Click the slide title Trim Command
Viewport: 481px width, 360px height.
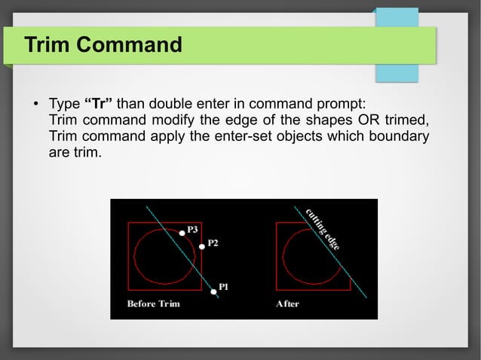tap(103, 45)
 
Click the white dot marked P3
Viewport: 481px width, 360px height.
tap(182, 233)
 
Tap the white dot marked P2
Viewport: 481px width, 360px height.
tap(201, 246)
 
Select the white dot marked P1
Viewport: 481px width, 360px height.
tap(213, 291)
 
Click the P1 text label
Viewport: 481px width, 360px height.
tap(224, 287)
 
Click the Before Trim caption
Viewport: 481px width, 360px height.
tap(153, 304)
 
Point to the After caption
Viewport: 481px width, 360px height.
tap(287, 304)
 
